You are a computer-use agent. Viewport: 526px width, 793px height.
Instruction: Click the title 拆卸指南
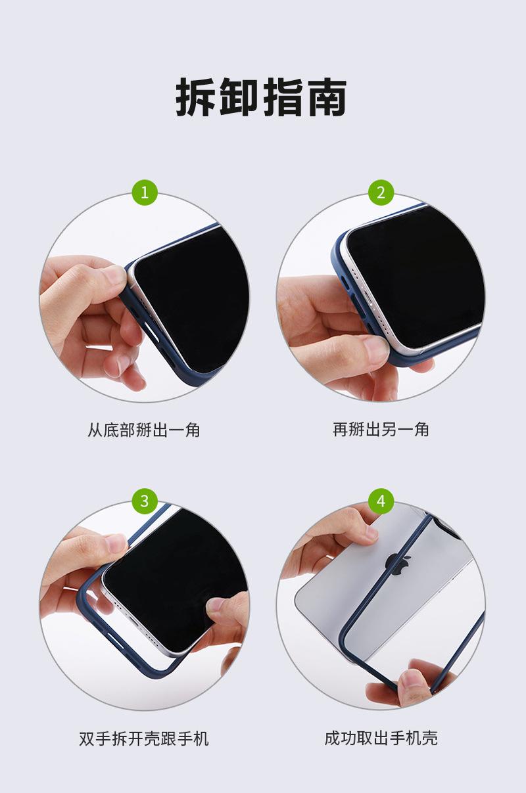coord(262,97)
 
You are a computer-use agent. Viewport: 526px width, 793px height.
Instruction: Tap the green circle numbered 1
coord(145,193)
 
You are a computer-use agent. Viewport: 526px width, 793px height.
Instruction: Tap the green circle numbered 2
coord(381,193)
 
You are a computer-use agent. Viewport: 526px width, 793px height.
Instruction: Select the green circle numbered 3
coord(145,501)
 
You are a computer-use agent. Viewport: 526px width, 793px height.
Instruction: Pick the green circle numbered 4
coord(381,501)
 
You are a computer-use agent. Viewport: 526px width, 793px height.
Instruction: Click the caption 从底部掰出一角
coord(144,430)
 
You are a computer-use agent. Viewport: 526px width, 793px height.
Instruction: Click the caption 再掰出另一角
coord(381,430)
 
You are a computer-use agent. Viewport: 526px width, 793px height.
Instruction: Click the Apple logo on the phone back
coord(400,564)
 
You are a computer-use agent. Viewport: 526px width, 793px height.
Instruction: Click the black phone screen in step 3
coord(170,581)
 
